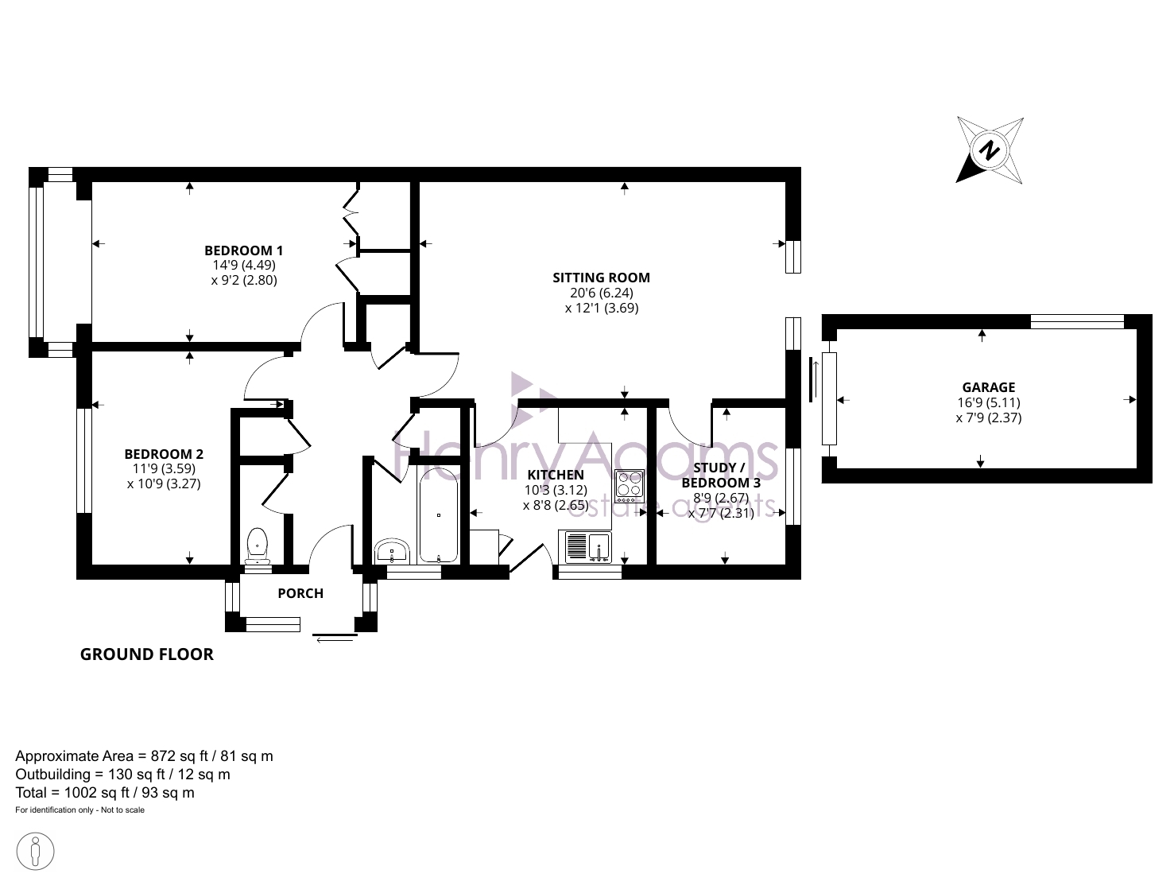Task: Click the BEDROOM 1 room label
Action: point(243,250)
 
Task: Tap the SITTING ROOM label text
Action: point(601,278)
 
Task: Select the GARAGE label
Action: point(989,387)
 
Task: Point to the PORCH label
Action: point(300,593)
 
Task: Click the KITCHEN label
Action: point(556,475)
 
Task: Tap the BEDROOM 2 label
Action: point(164,454)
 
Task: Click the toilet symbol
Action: point(258,546)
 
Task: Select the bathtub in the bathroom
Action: point(439,515)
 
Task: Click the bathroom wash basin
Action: point(392,551)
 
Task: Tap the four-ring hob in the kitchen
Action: point(630,486)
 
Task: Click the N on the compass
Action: point(989,150)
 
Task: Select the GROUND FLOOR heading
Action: point(146,654)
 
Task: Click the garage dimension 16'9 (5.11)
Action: point(989,402)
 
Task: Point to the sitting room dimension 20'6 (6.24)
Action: point(601,293)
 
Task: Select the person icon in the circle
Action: point(35,852)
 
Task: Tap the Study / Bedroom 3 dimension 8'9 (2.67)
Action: point(721,498)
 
